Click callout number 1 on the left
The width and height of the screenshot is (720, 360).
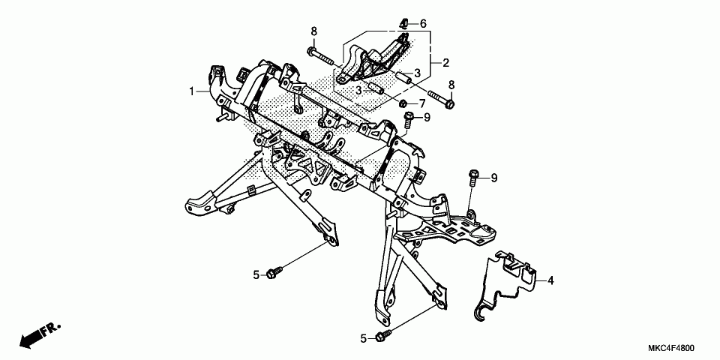click(x=191, y=91)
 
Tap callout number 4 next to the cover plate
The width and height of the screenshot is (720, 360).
click(x=550, y=280)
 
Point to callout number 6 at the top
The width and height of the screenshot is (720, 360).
click(x=423, y=24)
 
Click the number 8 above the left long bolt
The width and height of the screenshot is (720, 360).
click(x=314, y=31)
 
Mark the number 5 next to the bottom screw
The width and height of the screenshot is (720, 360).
click(x=364, y=339)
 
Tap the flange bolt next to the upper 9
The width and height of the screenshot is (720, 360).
click(x=409, y=118)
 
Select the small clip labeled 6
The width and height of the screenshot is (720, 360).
click(x=403, y=22)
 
